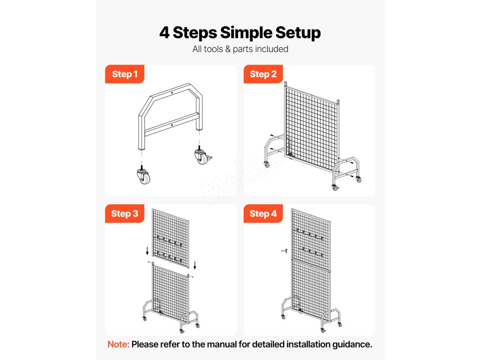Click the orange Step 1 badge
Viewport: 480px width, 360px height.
[x=125, y=74]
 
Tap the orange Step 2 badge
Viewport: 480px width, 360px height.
[x=263, y=74]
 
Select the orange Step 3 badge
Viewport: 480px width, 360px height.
[x=125, y=214]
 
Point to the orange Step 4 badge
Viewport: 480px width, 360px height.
[x=263, y=214]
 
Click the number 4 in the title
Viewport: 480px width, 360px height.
[x=165, y=33]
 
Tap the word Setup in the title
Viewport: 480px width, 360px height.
[x=298, y=33]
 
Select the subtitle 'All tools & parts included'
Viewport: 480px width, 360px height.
[x=240, y=49]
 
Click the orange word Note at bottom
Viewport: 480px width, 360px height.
[x=119, y=345]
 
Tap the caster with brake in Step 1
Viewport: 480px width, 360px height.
[x=202, y=155]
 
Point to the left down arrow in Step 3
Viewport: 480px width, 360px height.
[x=147, y=251]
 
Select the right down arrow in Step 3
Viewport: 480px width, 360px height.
[x=195, y=265]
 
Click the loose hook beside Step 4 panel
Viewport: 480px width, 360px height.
[x=285, y=251]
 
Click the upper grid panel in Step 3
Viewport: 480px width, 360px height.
[x=171, y=238]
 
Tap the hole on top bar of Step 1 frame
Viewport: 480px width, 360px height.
[x=172, y=93]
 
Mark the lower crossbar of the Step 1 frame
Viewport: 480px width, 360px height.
[x=172, y=125]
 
